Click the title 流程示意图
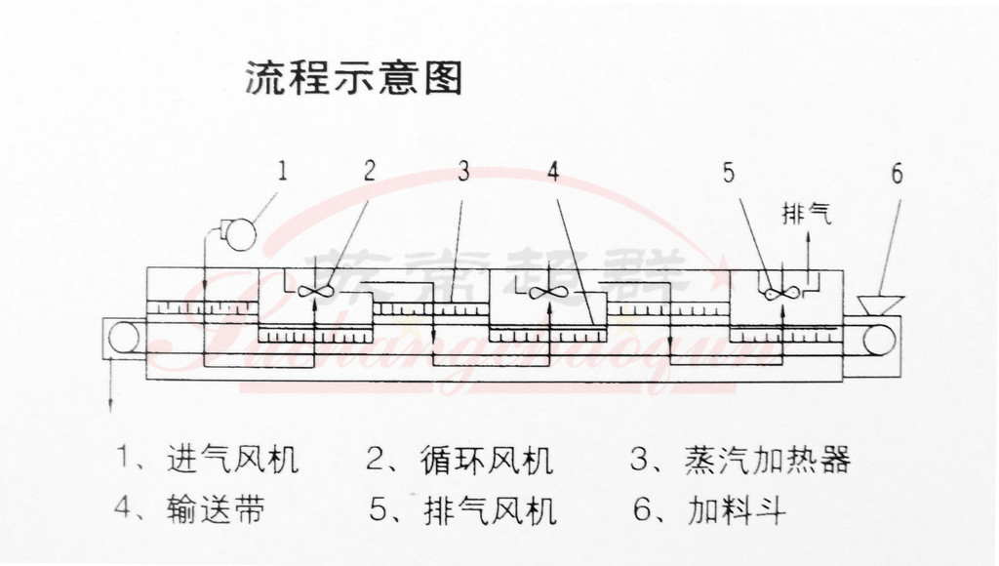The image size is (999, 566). [352, 78]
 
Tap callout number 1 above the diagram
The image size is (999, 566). [282, 173]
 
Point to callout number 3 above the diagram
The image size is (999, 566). [463, 172]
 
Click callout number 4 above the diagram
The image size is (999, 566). [553, 172]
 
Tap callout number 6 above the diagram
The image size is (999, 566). [897, 174]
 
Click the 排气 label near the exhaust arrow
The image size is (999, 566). [806, 213]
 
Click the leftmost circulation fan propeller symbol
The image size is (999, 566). [316, 290]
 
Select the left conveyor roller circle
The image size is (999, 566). [124, 337]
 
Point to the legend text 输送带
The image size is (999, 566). [216, 509]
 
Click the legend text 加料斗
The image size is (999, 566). [738, 509]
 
